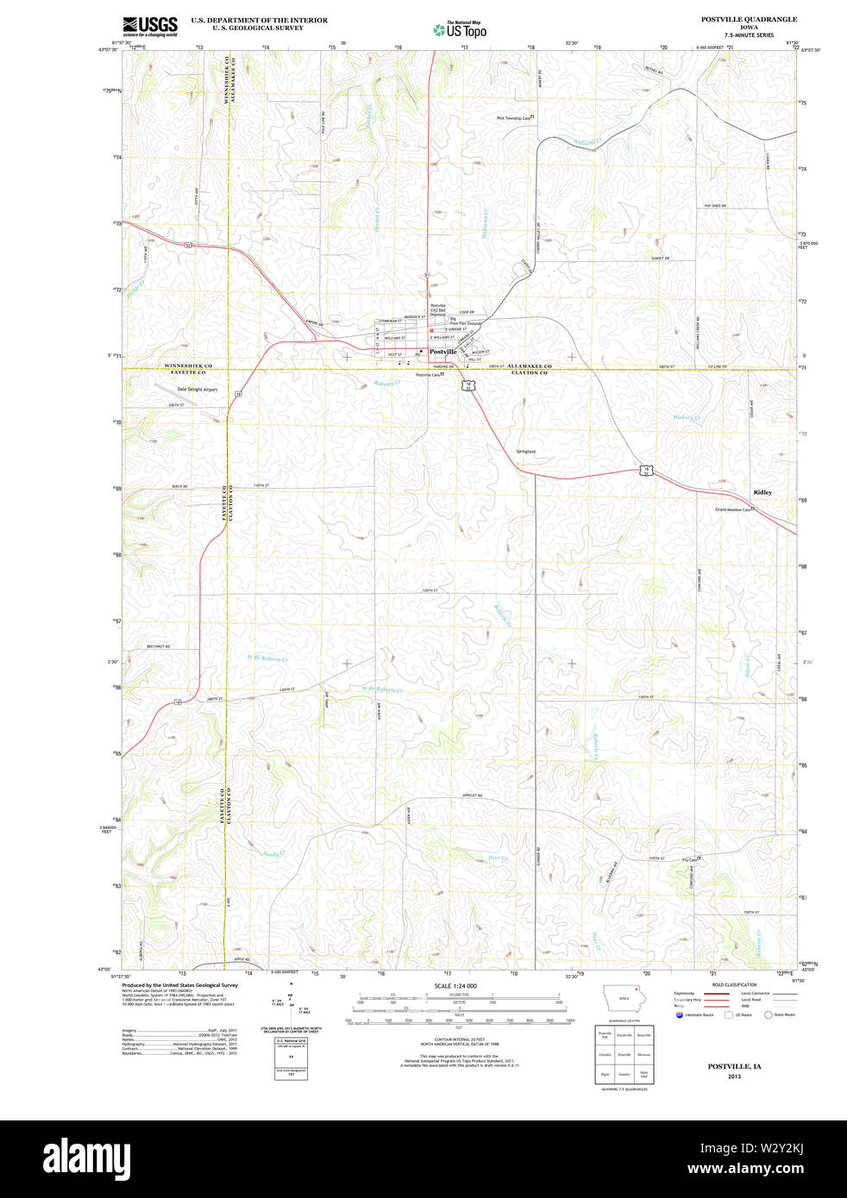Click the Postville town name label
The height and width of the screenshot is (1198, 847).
coord(443,352)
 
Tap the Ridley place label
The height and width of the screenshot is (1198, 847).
coord(762,492)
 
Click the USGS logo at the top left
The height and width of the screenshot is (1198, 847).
coord(150,27)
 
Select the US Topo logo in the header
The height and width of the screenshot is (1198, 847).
coord(461,29)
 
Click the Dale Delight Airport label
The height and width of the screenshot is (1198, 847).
coord(198,390)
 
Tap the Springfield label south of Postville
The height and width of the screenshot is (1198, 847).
coord(525,452)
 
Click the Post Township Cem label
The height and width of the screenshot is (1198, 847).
coord(513,118)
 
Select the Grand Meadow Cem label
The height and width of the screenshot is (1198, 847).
coord(733,509)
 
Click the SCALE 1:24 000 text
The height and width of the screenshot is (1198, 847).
coord(455,985)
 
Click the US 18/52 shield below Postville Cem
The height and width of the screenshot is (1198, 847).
coord(467,385)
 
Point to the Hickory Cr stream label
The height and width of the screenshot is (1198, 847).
coord(687,418)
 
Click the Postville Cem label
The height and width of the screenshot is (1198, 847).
coord(428,375)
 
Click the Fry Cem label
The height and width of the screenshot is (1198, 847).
coord(689,858)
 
